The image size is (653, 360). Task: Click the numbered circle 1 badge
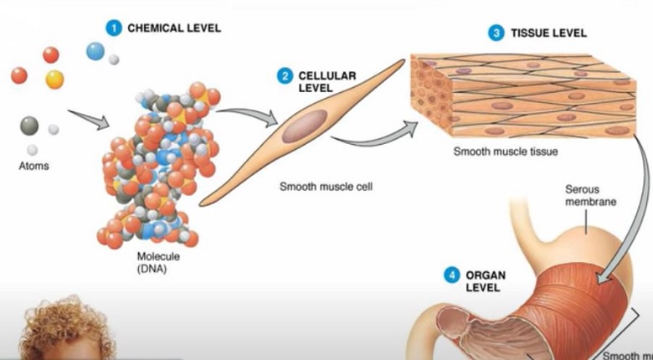pos(114,28)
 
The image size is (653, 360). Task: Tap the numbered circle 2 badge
pos(285,76)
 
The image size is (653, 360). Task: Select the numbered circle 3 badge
pos(496,33)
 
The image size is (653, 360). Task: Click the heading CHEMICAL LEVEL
pos(174,28)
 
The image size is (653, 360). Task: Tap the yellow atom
pos(54,80)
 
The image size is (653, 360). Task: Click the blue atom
pos(95,51)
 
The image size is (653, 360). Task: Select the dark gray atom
pos(29,126)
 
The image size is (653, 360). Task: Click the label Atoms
pos(33,166)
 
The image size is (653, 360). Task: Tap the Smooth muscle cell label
pos(325,187)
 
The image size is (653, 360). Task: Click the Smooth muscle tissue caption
pos(505,152)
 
